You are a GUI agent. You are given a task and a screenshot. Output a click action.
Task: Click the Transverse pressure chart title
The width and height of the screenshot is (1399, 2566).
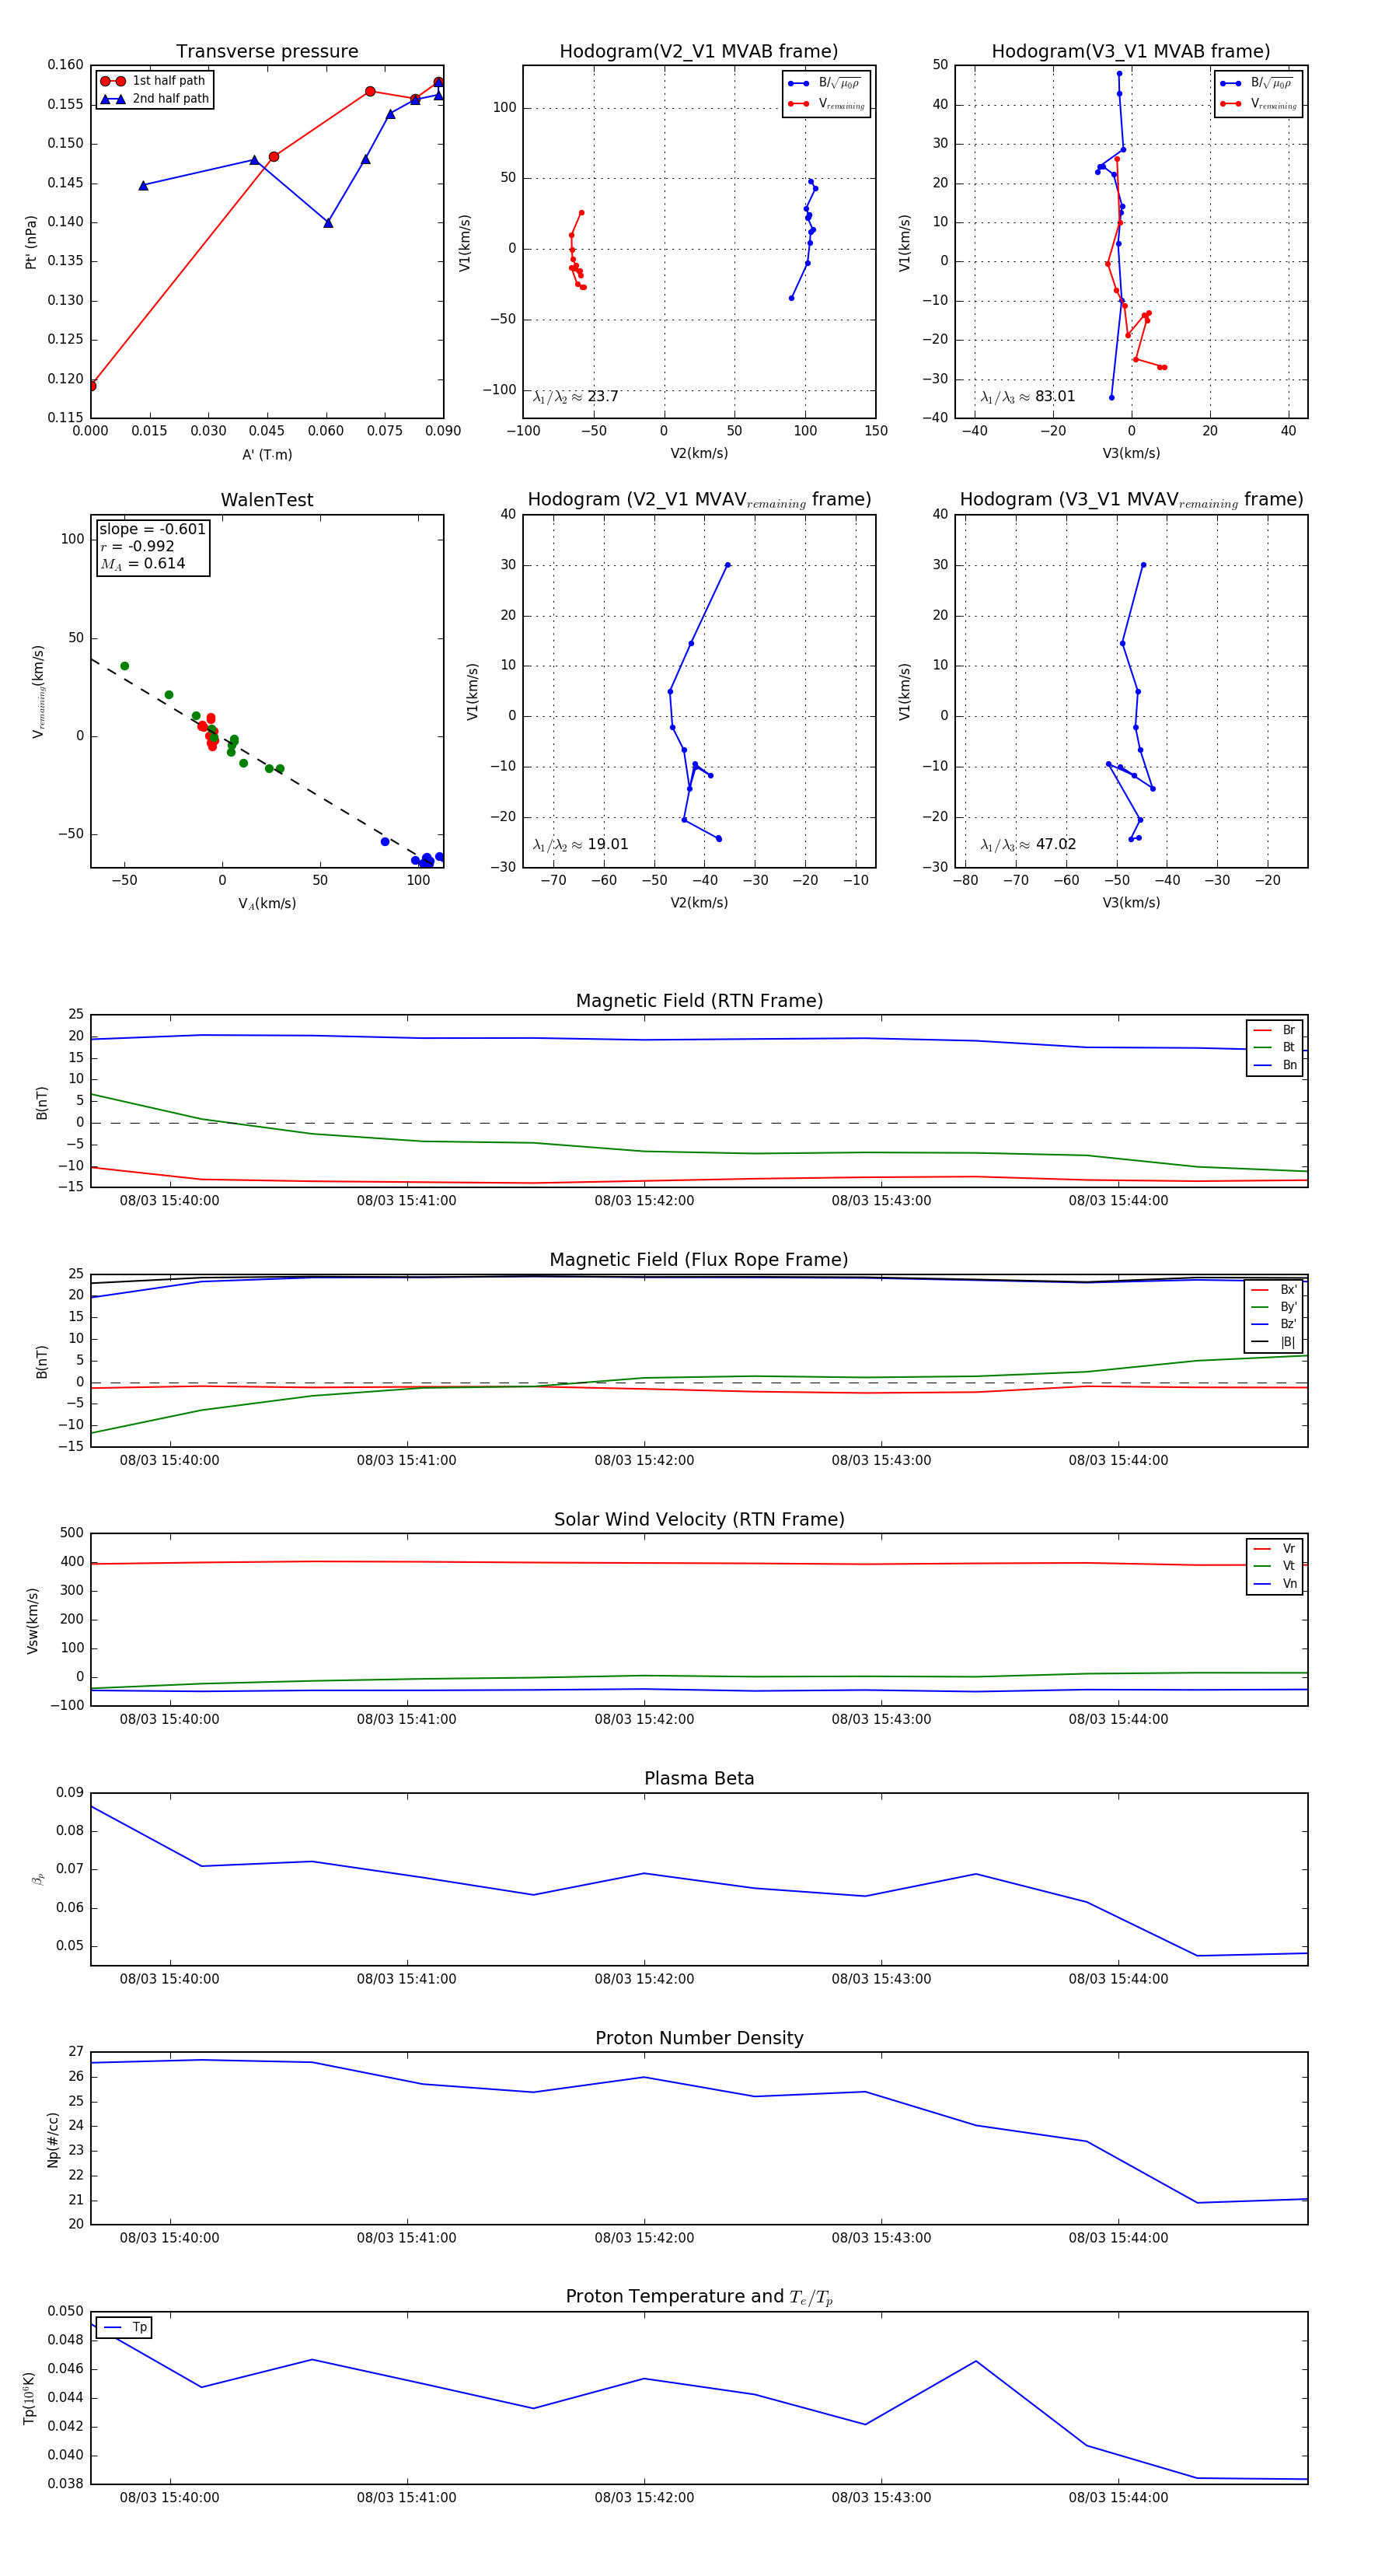click(x=267, y=52)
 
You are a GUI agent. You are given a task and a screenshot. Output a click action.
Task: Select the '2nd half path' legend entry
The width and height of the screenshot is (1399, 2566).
click(x=170, y=99)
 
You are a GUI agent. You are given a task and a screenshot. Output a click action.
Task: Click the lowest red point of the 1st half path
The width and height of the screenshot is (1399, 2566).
click(x=92, y=386)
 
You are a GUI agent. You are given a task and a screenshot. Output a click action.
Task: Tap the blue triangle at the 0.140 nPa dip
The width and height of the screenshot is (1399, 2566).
click(x=327, y=223)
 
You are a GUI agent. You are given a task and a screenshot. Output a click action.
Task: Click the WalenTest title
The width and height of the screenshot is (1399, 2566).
click(x=267, y=500)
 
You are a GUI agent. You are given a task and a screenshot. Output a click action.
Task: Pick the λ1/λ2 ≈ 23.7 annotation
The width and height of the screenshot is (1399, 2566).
click(x=575, y=397)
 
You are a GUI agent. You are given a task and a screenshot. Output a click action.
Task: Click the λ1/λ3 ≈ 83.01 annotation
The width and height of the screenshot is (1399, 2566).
click(x=1027, y=397)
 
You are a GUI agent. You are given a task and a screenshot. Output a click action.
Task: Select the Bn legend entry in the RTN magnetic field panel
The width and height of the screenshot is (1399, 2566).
click(x=1289, y=1065)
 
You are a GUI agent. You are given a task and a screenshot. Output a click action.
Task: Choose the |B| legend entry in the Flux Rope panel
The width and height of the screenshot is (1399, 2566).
click(x=1288, y=1342)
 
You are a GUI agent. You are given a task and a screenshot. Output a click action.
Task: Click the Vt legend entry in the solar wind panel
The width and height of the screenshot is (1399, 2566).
click(x=1289, y=1566)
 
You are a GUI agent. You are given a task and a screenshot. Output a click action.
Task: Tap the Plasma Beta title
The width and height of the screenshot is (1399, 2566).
click(x=699, y=1779)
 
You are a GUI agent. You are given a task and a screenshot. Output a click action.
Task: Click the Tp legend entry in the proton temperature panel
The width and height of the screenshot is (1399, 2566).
click(x=139, y=2327)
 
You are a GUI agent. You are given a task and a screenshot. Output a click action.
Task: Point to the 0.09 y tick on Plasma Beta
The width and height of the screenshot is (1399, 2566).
click(x=70, y=1793)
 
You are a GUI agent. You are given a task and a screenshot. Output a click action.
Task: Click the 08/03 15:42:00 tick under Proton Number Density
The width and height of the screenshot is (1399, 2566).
click(x=644, y=2237)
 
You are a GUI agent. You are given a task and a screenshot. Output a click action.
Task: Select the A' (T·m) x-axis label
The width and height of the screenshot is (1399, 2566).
click(x=267, y=454)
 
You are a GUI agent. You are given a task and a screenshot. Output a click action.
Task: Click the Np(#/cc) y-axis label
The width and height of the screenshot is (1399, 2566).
click(x=53, y=2140)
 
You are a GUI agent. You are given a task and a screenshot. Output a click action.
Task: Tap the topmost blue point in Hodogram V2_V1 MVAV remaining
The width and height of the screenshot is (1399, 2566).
click(x=728, y=565)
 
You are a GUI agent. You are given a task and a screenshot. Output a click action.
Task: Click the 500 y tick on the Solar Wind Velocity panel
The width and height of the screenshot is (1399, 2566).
click(x=72, y=1533)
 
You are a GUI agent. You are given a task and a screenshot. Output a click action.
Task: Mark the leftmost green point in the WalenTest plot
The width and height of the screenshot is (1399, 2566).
click(x=124, y=666)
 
